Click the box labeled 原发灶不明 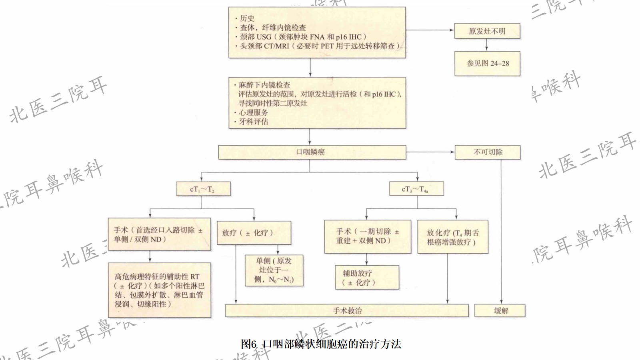[487, 31]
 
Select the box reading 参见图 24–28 [487, 63]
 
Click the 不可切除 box [487, 152]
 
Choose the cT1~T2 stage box [203, 189]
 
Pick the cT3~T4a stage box [416, 189]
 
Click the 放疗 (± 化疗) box [254, 233]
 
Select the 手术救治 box [347, 311]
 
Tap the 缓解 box [500, 311]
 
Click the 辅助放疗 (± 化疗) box [367, 278]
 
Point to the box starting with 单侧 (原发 [274, 270]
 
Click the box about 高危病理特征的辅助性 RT [159, 290]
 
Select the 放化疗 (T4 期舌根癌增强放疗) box [453, 237]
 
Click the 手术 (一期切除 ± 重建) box [367, 236]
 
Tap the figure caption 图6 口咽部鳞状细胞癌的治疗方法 [321, 344]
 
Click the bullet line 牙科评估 [254, 122]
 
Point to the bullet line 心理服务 [254, 112]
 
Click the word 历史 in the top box [247, 18]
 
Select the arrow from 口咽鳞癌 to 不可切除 [430, 152]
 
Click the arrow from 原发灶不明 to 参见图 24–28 [486, 45]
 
